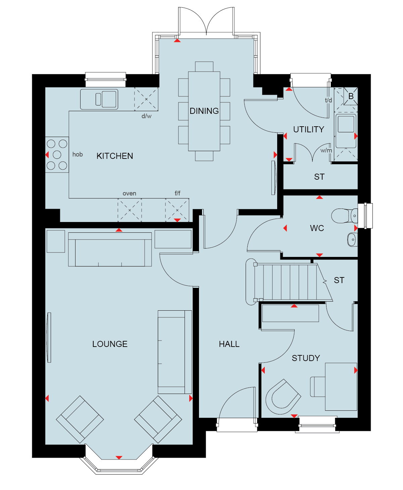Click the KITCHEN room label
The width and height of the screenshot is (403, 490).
[115, 156]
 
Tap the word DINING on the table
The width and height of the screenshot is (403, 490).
[204, 111]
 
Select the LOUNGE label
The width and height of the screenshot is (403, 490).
[110, 344]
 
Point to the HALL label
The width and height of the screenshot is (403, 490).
[229, 344]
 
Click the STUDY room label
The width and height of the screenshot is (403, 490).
[306, 358]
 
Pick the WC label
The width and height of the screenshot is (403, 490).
[317, 228]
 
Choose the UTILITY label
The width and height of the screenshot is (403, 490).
[308, 129]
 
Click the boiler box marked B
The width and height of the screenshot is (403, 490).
[351, 96]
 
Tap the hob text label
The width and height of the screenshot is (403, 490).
[78, 154]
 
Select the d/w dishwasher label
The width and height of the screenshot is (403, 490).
[147, 116]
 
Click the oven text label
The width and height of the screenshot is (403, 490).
[129, 193]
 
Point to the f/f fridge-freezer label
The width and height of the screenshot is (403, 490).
[178, 193]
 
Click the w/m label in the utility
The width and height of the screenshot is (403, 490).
[326, 150]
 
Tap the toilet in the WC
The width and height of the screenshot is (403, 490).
[345, 216]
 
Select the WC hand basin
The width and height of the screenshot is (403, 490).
[352, 239]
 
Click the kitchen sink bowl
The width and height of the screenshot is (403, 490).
[109, 99]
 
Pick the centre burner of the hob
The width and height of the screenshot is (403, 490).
[57, 154]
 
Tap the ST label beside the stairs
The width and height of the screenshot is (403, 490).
[339, 280]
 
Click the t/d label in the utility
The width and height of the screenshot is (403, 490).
[328, 100]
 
